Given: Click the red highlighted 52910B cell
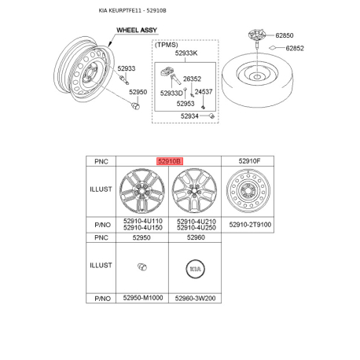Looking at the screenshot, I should [169, 160].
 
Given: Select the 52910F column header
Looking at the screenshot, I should [248, 160].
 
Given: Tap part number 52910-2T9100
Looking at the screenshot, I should [248, 225].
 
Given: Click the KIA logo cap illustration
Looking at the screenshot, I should [195, 267].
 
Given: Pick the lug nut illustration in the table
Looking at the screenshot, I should [141, 267].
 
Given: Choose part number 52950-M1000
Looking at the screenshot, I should [141, 299].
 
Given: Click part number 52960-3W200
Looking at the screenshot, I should [195, 299].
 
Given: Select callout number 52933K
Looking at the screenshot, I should [186, 53].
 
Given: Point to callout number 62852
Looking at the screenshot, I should [295, 48].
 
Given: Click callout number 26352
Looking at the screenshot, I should [192, 79].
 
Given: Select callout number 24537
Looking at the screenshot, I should [203, 92].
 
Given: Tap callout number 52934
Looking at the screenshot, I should [189, 116].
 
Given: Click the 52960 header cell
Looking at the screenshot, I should [195, 237].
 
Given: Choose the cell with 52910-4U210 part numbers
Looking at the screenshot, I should [195, 225].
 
